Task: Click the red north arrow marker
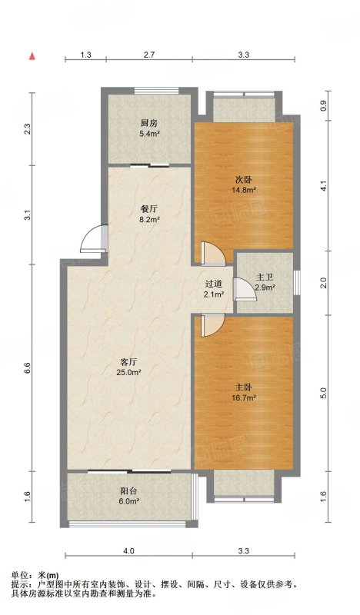(32, 56)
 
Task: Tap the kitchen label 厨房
(149, 123)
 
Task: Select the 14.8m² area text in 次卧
(244, 190)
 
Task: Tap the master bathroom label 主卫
(265, 277)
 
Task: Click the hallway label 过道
(214, 284)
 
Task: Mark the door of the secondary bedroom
(212, 253)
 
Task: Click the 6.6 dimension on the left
(27, 368)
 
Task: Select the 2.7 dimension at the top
(149, 55)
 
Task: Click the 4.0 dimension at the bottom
(128, 550)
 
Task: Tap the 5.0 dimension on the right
(324, 392)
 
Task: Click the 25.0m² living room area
(128, 372)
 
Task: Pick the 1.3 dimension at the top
(86, 55)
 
